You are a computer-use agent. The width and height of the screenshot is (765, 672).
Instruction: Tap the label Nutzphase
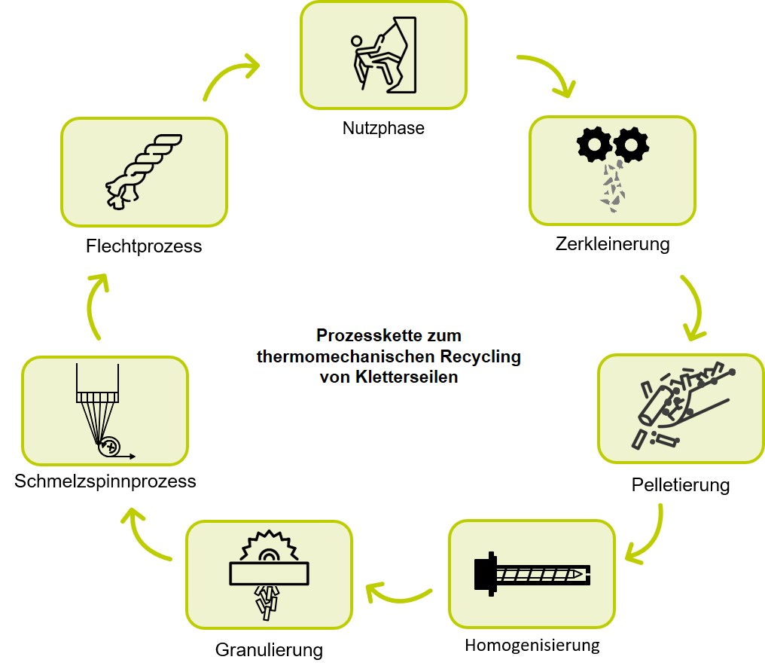click(x=383, y=128)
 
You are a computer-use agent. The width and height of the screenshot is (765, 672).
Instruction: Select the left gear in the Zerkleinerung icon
click(x=595, y=143)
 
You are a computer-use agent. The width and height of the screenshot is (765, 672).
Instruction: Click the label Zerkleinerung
click(x=612, y=244)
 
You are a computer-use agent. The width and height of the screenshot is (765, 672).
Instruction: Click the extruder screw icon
click(x=531, y=574)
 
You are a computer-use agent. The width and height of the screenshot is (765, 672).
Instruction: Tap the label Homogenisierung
click(x=532, y=646)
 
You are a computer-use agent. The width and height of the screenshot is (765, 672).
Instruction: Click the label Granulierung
click(x=269, y=649)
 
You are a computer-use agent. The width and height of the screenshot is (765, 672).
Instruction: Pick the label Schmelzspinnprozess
click(x=105, y=481)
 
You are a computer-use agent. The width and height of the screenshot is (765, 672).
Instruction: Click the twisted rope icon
click(x=144, y=172)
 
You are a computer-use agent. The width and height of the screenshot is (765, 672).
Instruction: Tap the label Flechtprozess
click(x=144, y=246)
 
